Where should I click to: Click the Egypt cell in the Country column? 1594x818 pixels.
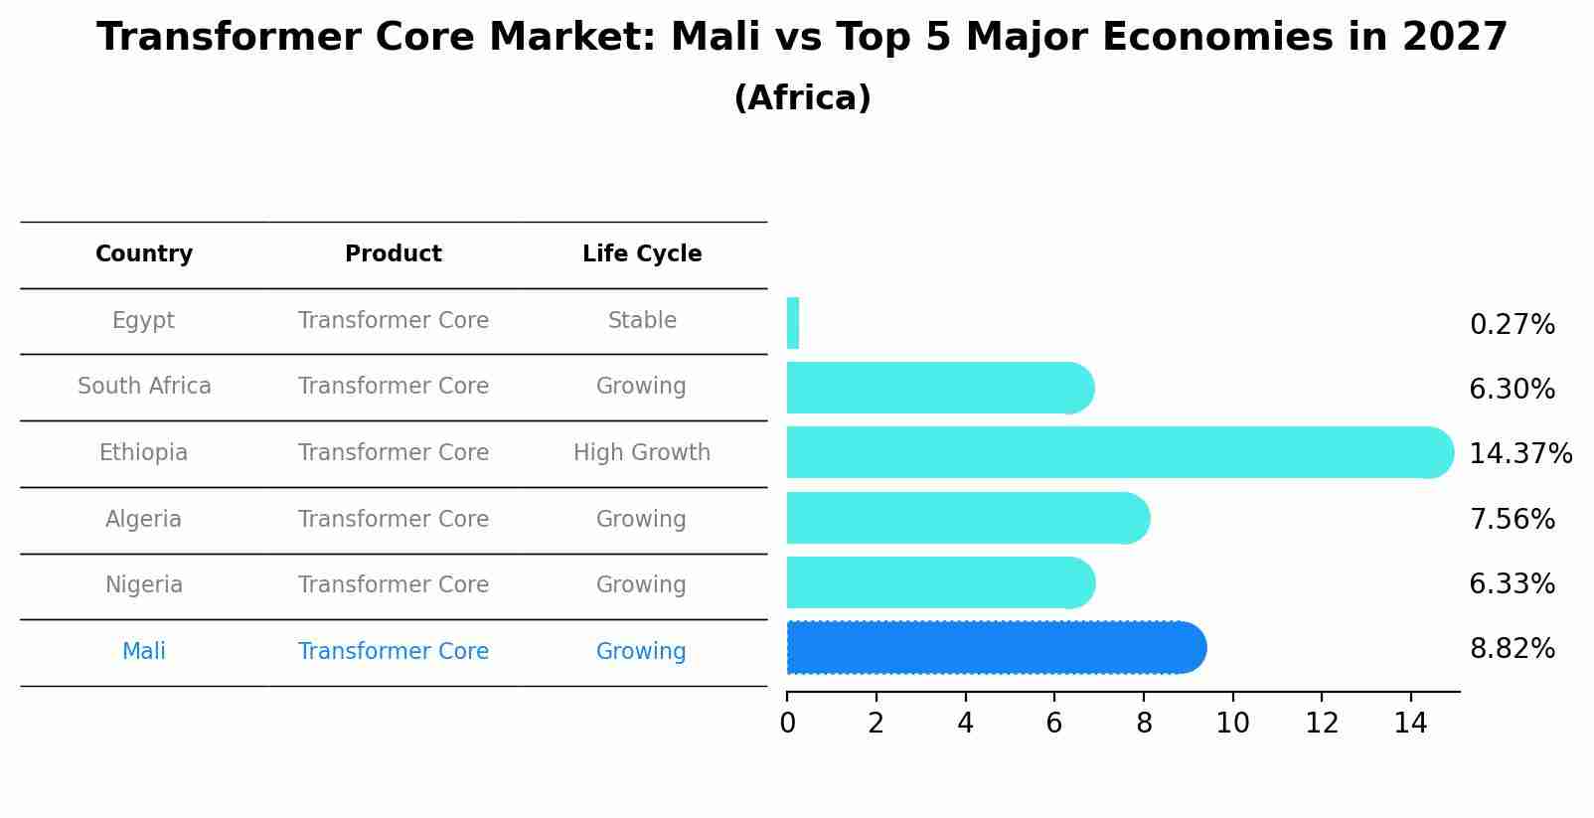143,321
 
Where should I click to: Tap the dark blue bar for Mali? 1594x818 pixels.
994,648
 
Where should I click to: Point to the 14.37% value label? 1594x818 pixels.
1519,454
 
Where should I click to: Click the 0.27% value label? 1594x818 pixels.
1512,325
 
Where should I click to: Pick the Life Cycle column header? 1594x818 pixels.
642,254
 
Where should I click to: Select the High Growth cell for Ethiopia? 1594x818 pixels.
642,453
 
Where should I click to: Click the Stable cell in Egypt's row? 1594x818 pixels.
642,321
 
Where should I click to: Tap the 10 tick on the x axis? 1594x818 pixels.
1232,724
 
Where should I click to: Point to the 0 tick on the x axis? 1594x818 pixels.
787,724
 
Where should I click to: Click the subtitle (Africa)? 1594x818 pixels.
802,98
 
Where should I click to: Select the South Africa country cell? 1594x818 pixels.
144,387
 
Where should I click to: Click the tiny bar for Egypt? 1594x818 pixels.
793,323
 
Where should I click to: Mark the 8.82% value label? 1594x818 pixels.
1512,649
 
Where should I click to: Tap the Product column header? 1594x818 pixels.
394,254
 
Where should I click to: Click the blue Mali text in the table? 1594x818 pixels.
143,652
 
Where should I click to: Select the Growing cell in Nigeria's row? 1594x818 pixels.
641,585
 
